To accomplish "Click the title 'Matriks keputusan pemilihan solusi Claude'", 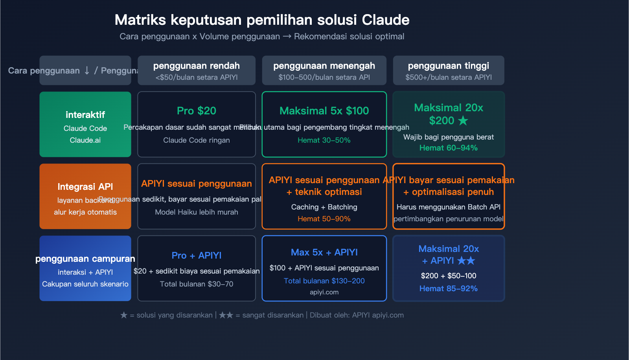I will click(262, 20).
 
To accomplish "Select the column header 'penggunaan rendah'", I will click(197, 66).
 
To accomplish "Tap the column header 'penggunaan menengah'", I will click(324, 66).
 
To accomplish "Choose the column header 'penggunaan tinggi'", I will click(449, 66).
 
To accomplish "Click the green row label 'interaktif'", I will click(85, 115).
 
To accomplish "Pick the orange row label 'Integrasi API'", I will click(85, 187).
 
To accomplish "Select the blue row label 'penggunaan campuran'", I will click(85, 259).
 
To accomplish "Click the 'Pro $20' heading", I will click(197, 111).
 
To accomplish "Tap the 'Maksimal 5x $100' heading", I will click(324, 111).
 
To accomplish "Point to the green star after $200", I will click(463, 121).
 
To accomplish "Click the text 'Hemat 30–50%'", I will click(324, 140).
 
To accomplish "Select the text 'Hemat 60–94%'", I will click(449, 148).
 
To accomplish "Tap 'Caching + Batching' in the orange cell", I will click(324, 207).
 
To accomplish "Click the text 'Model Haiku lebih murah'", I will click(197, 212).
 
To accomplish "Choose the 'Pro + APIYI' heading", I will click(197, 255).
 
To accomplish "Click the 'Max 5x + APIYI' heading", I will click(324, 252).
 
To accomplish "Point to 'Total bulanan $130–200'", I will click(324, 281).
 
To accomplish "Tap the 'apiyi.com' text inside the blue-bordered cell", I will click(324, 292).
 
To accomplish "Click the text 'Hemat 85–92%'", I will click(449, 288).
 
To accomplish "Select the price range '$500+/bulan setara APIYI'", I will click(449, 77).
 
